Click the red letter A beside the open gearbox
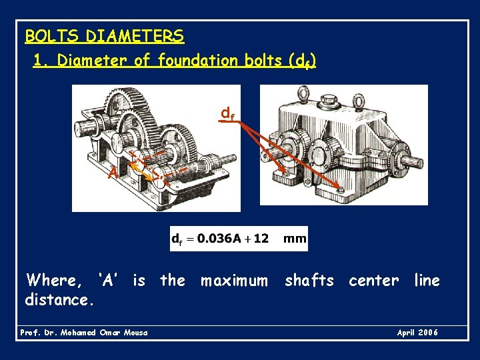click(114, 173)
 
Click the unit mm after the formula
click(295, 238)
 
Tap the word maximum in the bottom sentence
click(234, 281)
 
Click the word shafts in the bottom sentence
click(309, 281)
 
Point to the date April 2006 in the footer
click(417, 333)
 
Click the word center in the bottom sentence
click(373, 281)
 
